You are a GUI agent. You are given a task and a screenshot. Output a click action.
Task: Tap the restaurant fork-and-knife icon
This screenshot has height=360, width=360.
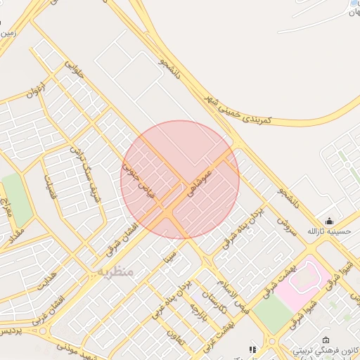click(252, 349)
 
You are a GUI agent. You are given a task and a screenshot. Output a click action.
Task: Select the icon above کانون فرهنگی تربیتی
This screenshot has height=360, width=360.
click(325, 340)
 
